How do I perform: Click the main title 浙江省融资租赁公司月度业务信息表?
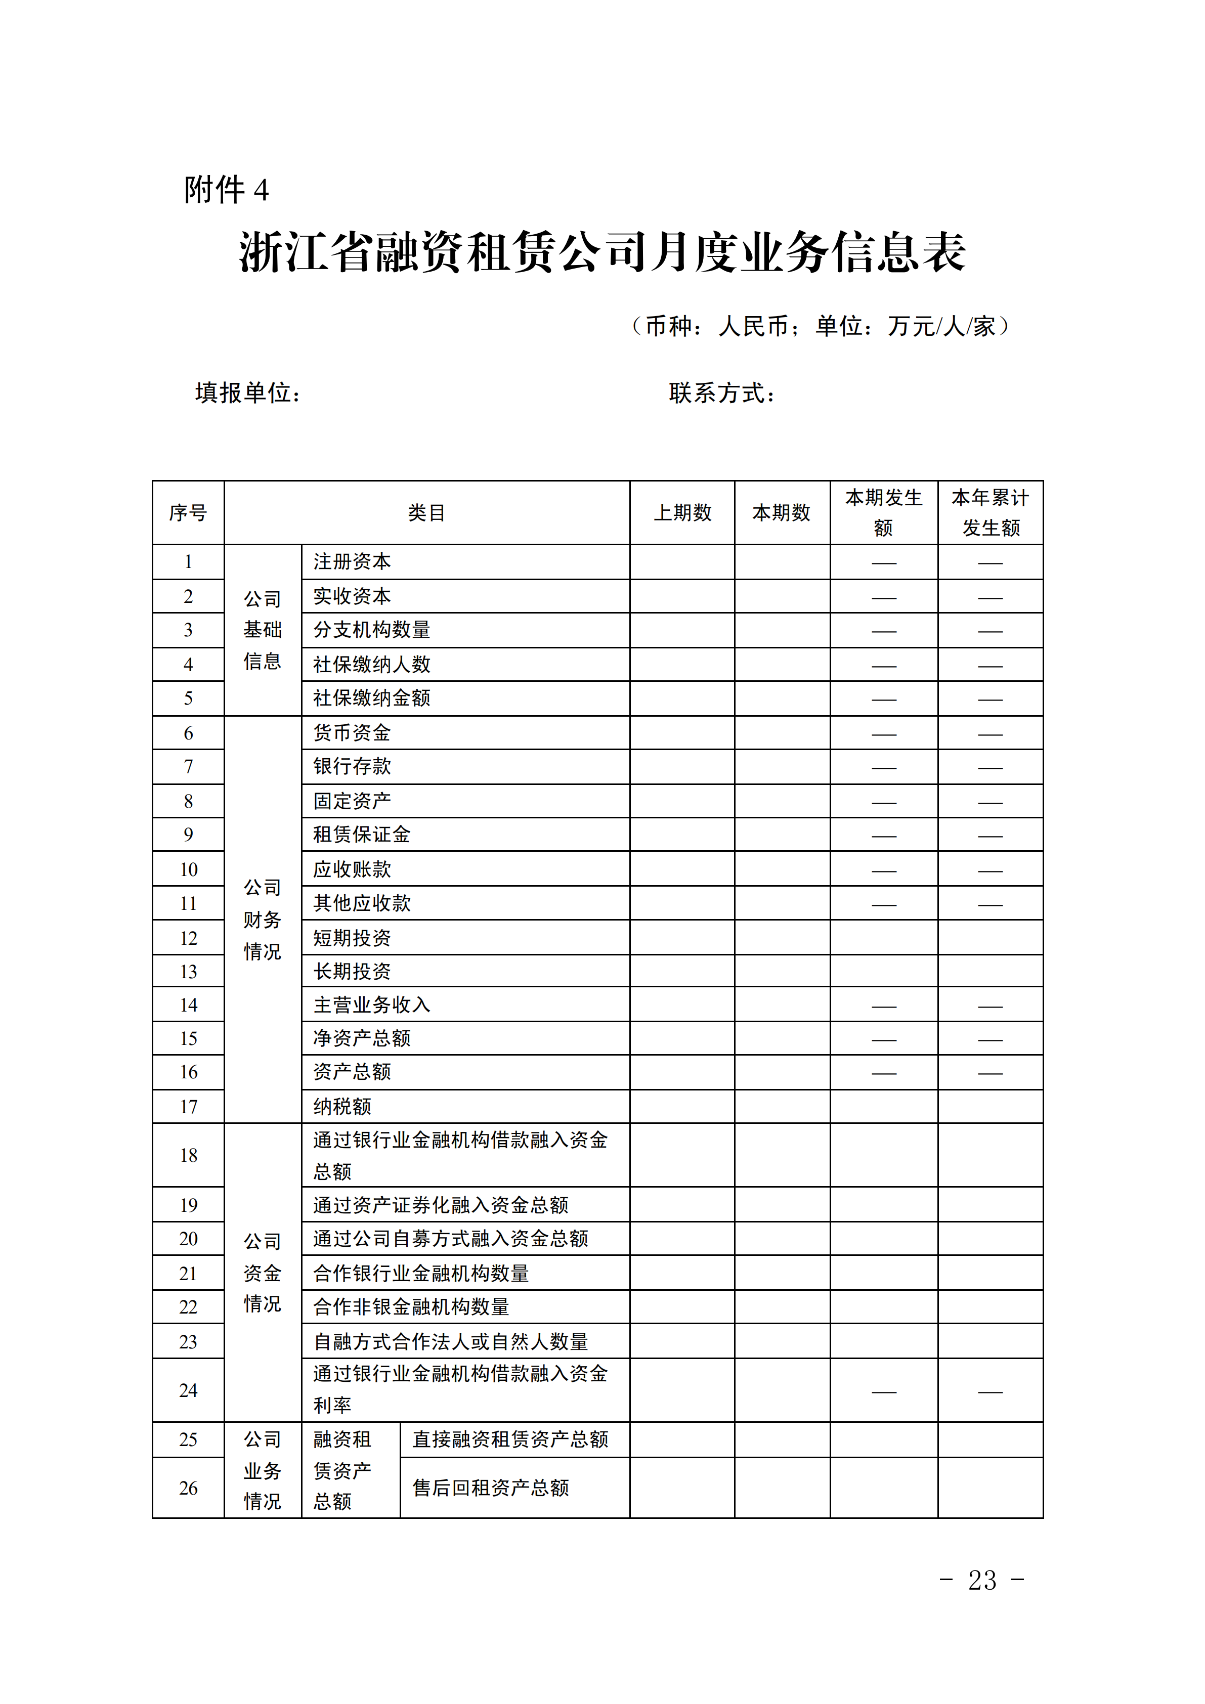[602, 252]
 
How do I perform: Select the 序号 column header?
[188, 513]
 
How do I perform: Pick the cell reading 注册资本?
[352, 562]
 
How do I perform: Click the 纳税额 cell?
[342, 1107]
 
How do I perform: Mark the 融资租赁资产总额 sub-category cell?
[342, 1470]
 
